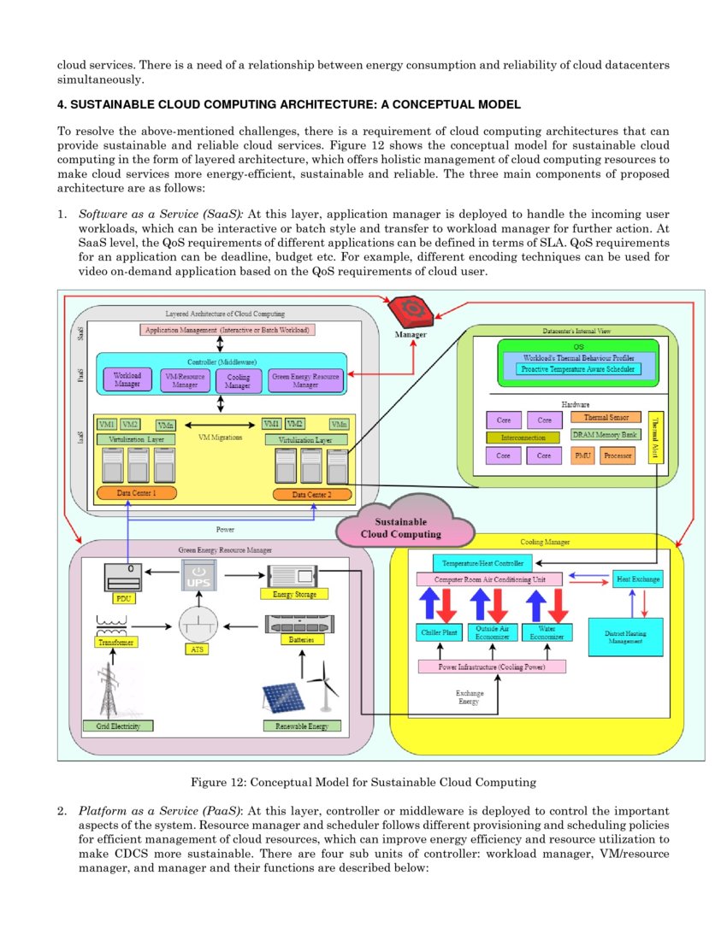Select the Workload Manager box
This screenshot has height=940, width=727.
click(x=127, y=379)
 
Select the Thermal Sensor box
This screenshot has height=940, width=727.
click(x=606, y=417)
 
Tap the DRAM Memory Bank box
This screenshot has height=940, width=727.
click(x=606, y=435)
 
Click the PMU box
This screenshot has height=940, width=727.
click(x=582, y=456)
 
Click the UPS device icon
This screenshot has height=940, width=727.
click(x=197, y=578)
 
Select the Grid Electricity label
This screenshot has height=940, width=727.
click(x=118, y=726)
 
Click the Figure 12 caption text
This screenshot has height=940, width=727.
click(x=363, y=781)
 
